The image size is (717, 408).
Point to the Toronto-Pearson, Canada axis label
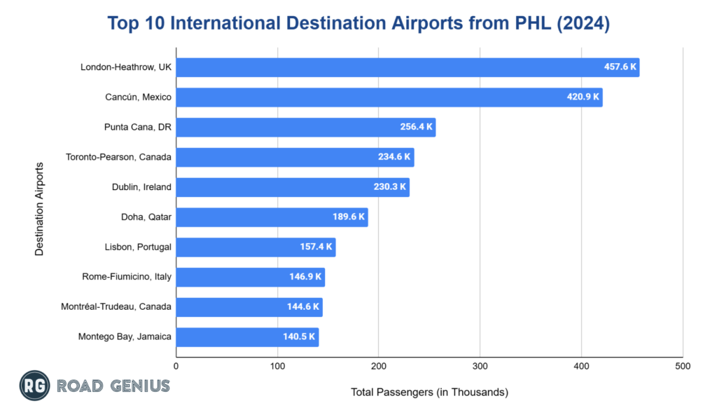(118, 157)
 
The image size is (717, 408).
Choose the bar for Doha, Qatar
(272, 217)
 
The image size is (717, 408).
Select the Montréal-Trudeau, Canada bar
(249, 307)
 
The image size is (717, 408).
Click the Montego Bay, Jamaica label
(125, 337)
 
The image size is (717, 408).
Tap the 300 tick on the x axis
(480, 366)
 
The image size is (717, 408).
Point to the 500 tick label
(683, 366)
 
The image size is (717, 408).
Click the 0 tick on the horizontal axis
(176, 366)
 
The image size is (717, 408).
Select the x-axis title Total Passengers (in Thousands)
(429, 392)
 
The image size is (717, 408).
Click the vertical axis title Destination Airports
(39, 209)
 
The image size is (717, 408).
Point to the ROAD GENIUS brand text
(113, 386)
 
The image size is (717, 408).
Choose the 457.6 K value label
(620, 67)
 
